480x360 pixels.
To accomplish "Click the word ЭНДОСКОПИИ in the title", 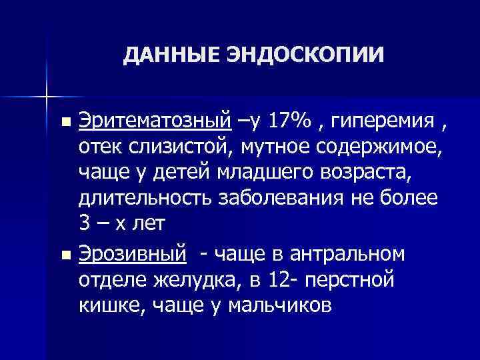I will click(306, 55).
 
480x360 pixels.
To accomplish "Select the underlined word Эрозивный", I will click(131, 255).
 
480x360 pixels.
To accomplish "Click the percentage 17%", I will click(292, 122).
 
